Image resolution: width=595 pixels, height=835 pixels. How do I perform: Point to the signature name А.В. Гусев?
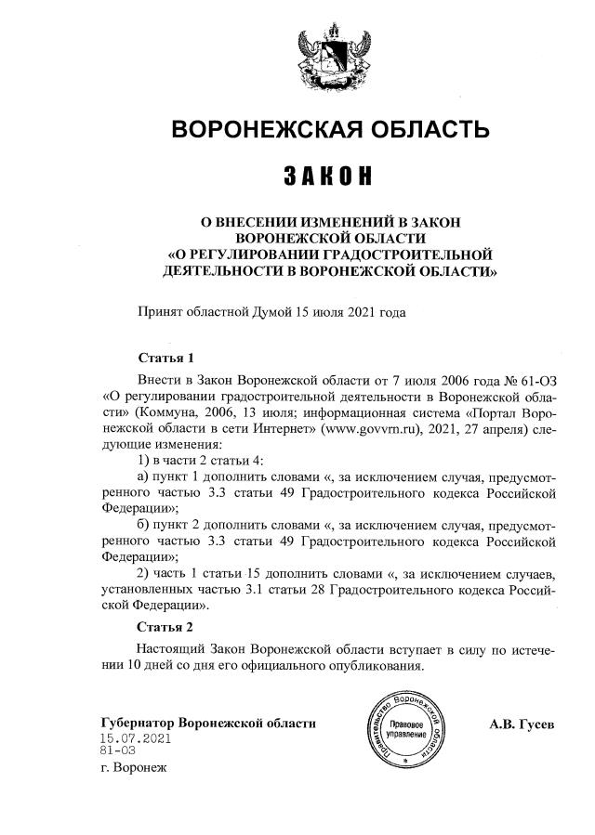[x=522, y=724]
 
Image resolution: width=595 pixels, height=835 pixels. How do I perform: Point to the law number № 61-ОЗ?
[x=533, y=381]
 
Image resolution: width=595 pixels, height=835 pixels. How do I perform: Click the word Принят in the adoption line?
[x=161, y=312]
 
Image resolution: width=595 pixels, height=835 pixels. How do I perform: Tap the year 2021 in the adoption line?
[x=362, y=312]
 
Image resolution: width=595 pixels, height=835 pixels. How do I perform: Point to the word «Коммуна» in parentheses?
[x=170, y=414]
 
